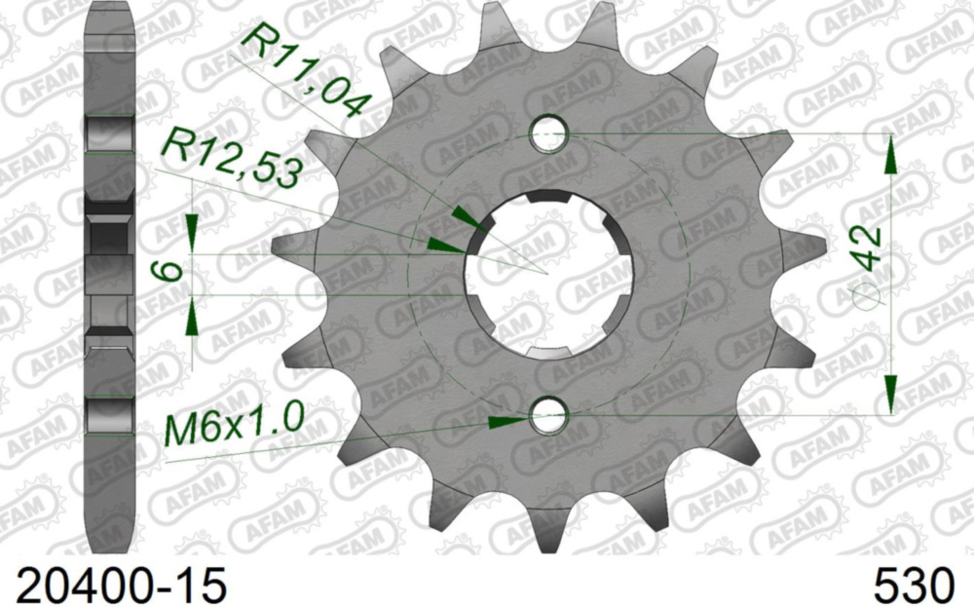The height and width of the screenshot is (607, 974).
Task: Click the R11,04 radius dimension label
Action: [x=301, y=72]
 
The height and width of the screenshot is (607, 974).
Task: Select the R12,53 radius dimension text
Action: [x=231, y=160]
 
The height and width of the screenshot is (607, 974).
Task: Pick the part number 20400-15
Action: [x=116, y=586]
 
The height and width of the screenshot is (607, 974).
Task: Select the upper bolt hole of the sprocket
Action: [x=548, y=133]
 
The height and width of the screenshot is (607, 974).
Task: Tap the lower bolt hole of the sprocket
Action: [x=548, y=416]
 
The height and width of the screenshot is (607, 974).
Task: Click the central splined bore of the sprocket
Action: [x=548, y=273]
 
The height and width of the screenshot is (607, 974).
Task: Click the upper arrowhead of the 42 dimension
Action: [x=889, y=156]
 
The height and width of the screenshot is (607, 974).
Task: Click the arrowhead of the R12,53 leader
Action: [x=443, y=244]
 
